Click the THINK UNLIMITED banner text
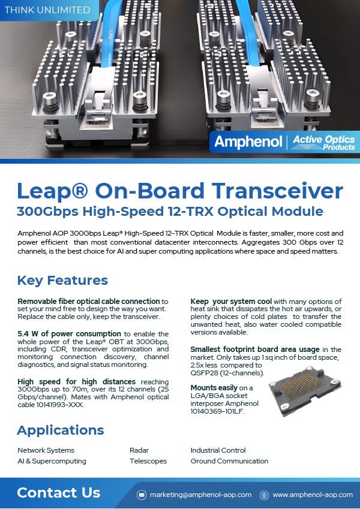[x=47, y=10]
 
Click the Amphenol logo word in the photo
[x=248, y=143]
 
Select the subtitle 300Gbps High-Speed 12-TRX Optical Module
[x=170, y=212]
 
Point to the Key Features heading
[x=62, y=280]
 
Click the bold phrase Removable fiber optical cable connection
[x=89, y=301]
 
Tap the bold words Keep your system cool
[x=230, y=301]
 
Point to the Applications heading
[x=60, y=430]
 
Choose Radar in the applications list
[x=139, y=450]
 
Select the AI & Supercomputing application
[x=52, y=461]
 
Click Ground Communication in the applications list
[x=229, y=461]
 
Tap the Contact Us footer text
[x=58, y=493]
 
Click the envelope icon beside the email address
[x=142, y=495]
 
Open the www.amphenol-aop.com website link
[x=313, y=495]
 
